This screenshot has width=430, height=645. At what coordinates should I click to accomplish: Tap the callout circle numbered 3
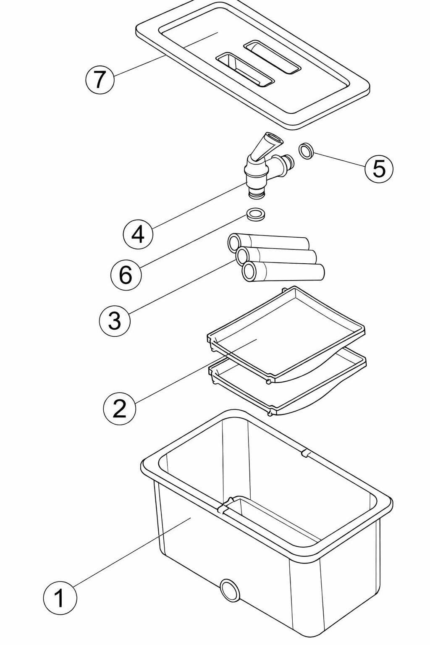(115, 321)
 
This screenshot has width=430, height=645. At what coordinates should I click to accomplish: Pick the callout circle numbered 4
(138, 234)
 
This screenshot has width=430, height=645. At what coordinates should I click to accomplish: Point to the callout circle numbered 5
(379, 168)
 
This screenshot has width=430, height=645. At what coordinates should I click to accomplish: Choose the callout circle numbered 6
(126, 275)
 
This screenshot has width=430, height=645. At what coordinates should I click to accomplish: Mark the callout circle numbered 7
(100, 79)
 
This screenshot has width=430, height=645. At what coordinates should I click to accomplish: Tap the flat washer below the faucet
(254, 214)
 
